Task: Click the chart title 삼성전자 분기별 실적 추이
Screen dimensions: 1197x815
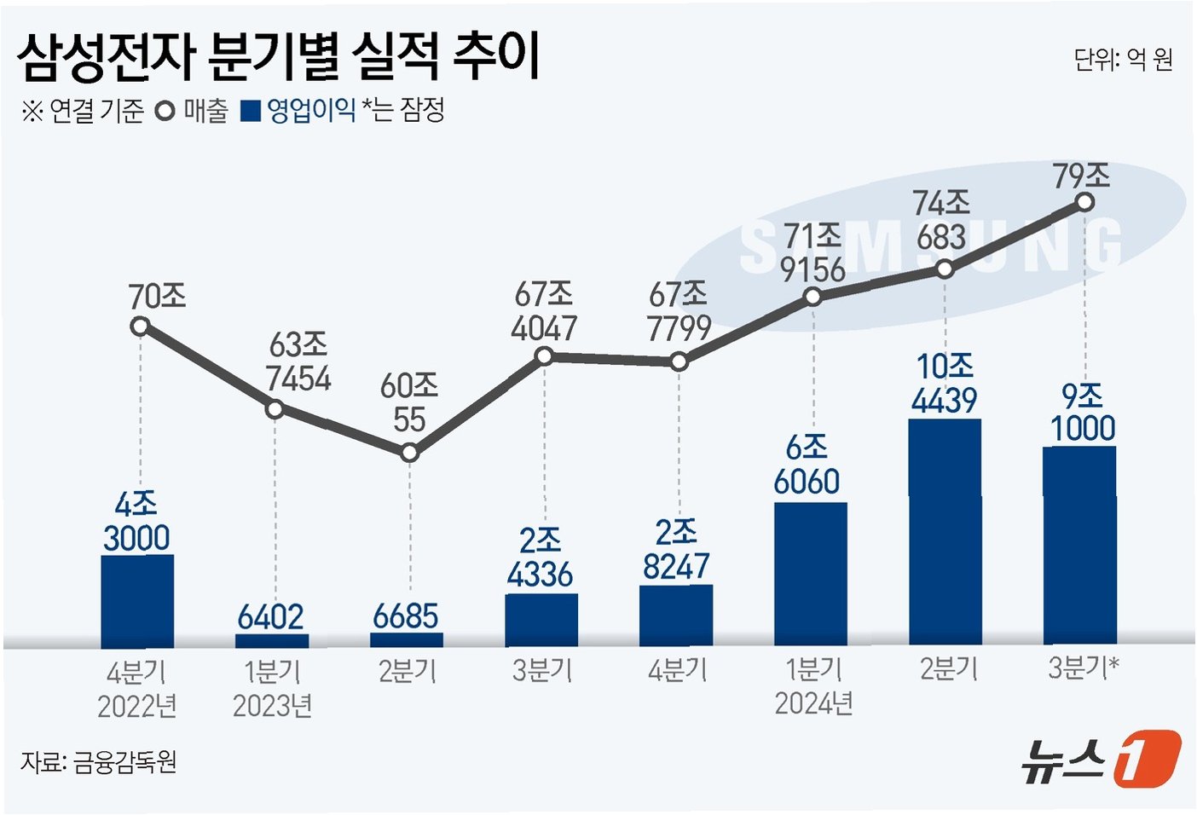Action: click(x=277, y=58)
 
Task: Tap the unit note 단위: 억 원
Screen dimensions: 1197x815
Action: click(x=1124, y=60)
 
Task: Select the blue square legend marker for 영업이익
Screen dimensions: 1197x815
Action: click(x=250, y=112)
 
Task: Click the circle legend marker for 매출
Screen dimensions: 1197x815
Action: click(x=165, y=112)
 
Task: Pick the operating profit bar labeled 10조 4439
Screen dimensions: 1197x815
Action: click(x=945, y=532)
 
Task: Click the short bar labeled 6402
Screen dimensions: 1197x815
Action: click(x=272, y=641)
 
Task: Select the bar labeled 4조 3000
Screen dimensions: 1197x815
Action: click(x=137, y=601)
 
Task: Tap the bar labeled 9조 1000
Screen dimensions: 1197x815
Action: click(x=1080, y=545)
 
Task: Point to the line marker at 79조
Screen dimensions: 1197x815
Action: click(x=1084, y=203)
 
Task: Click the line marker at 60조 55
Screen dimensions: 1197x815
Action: click(x=409, y=454)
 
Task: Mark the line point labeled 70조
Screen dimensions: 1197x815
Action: click(x=140, y=326)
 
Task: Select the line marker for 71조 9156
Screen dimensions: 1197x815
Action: click(x=812, y=297)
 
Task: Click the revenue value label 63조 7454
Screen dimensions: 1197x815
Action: click(x=298, y=361)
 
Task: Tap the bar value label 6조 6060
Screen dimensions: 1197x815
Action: click(x=807, y=465)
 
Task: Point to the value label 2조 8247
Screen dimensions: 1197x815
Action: click(x=676, y=549)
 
